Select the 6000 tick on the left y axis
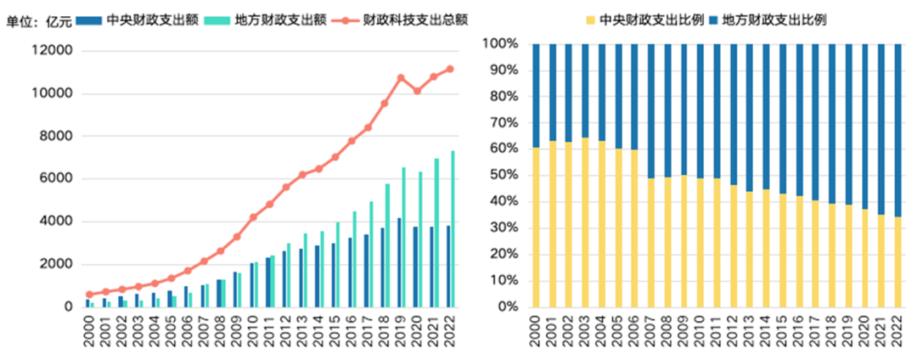(57, 179)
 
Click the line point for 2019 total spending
(401, 78)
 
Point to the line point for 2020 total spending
(417, 91)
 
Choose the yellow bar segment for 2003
(585, 222)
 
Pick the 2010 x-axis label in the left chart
(253, 329)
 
